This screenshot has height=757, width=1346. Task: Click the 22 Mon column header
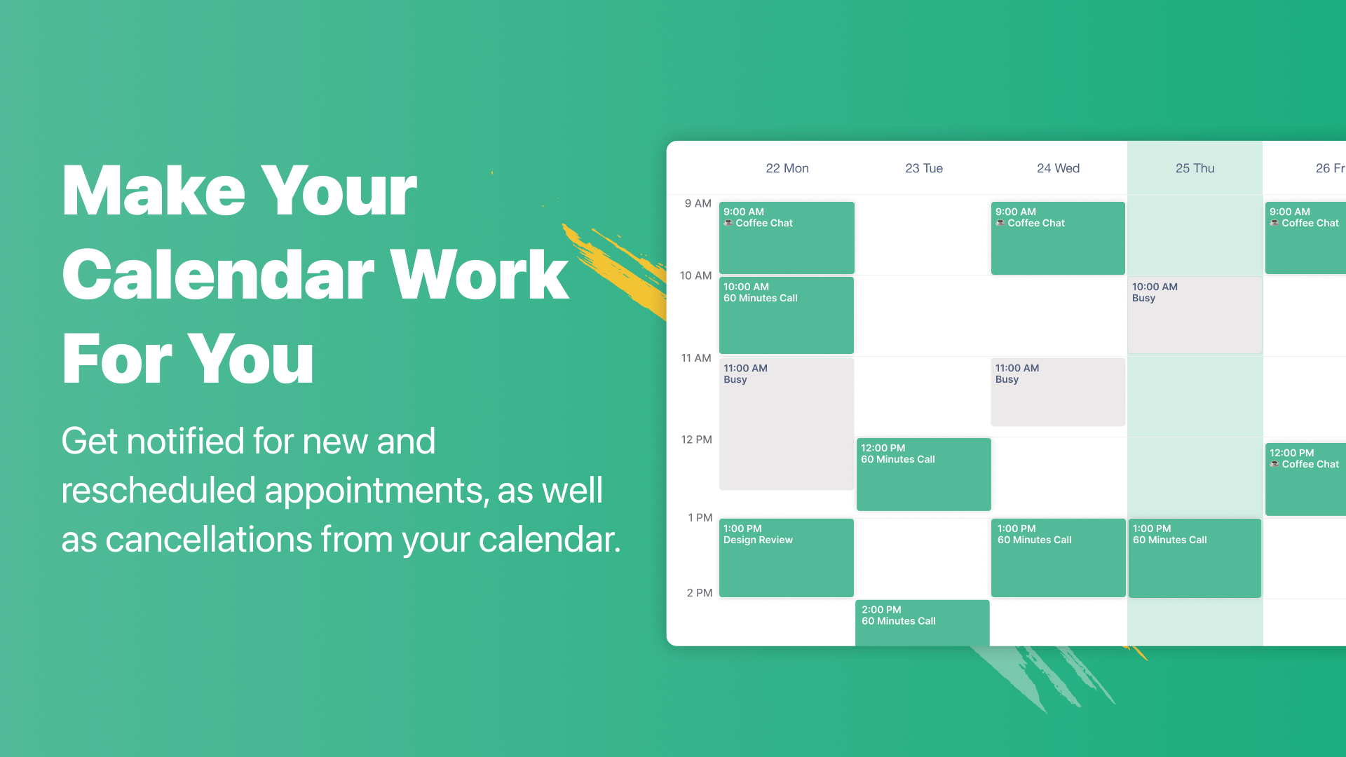coord(787,168)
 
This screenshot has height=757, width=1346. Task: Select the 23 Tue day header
coord(924,168)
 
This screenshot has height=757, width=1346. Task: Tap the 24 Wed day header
coord(1058,168)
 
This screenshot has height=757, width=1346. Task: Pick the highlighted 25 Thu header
coord(1195,168)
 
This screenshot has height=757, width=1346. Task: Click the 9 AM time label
coord(698,203)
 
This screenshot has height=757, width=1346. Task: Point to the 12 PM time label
coord(696,439)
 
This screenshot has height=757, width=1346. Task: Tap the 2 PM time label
coord(699,593)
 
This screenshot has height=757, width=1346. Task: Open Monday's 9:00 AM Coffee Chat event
coord(787,238)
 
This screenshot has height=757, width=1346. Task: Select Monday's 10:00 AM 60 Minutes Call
coord(787,315)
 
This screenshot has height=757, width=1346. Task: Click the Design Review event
coord(787,558)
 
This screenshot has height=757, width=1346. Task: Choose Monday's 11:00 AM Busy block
coord(787,424)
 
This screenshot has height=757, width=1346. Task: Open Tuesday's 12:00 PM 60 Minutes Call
coord(924,475)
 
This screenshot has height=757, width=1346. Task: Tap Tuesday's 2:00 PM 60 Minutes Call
coord(923,622)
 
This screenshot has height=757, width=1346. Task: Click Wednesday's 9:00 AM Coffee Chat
coord(1058,238)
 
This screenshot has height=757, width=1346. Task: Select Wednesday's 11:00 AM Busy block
coord(1058,392)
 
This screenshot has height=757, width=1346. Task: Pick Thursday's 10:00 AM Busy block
coord(1195,315)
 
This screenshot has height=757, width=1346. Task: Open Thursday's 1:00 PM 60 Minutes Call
coord(1195,559)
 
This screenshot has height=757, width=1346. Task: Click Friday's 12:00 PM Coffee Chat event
coord(1305,479)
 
